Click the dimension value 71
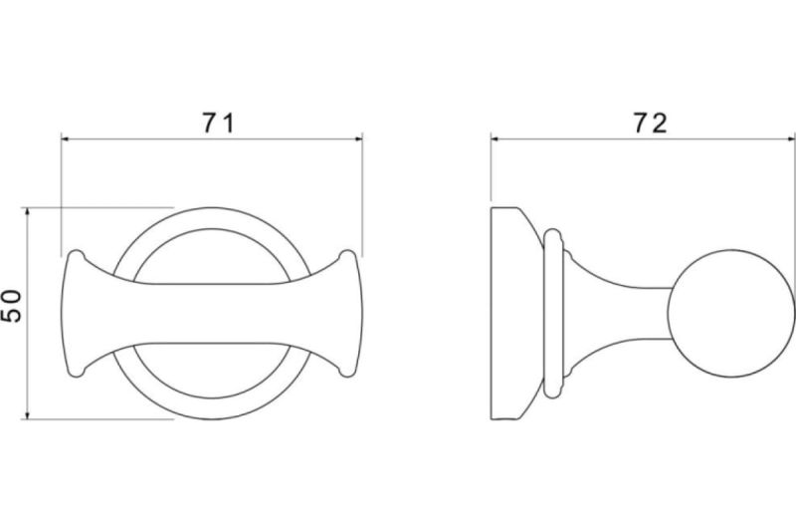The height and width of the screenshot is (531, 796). point(218,123)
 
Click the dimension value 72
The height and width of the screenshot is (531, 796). point(651,124)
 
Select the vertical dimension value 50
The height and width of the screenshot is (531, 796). point(12,306)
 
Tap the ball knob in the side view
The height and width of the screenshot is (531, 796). point(730,313)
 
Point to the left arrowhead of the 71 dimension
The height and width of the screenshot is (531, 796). point(65,137)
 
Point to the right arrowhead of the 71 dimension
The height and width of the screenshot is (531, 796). point(358,137)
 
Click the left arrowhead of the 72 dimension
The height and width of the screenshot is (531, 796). point(495,137)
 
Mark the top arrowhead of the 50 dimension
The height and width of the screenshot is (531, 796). point(28,211)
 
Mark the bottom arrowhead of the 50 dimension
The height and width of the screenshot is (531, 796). point(28,415)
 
